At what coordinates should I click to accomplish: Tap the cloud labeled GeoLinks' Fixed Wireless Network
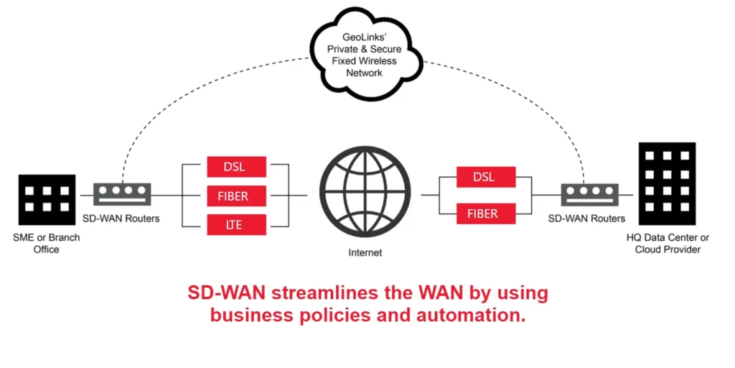tap(363, 52)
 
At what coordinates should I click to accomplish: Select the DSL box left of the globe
tap(237, 166)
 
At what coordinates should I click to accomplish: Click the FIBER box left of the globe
tap(237, 195)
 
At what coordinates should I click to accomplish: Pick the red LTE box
tap(237, 225)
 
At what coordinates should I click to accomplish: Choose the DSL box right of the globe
tap(486, 178)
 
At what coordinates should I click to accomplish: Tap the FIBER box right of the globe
tap(486, 213)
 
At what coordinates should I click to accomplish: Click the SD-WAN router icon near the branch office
tap(122, 194)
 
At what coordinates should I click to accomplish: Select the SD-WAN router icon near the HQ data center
tap(589, 194)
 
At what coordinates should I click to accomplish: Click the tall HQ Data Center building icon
tap(666, 183)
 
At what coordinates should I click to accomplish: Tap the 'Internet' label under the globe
tap(365, 253)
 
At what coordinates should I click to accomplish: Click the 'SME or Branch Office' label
tap(45, 244)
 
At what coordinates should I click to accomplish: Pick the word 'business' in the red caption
tap(251, 316)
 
